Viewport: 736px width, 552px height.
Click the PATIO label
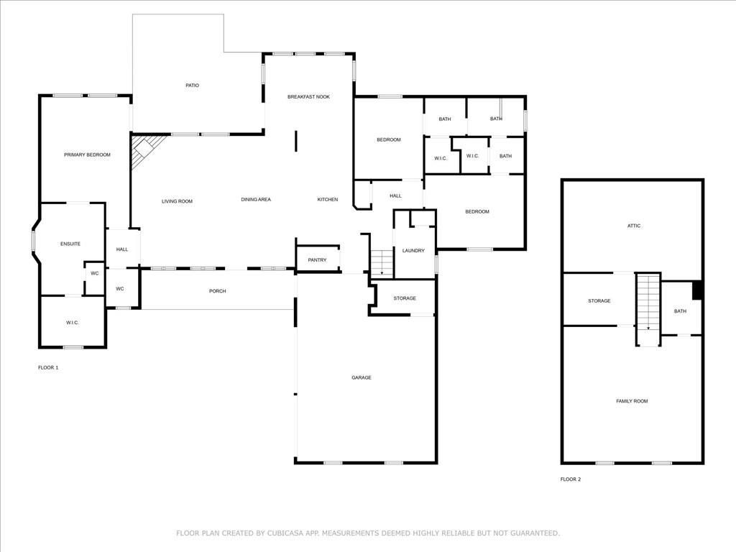[192, 86]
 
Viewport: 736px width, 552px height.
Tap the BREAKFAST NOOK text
[308, 96]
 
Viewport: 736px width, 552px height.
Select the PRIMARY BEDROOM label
[87, 155]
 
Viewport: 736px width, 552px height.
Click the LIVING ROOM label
[177, 201]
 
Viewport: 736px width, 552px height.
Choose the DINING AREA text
[255, 199]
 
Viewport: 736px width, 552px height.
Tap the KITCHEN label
[328, 199]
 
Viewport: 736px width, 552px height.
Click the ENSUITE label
[70, 244]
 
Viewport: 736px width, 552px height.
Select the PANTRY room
[317, 259]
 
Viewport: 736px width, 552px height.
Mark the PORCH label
[217, 291]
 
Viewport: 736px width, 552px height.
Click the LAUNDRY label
[413, 250]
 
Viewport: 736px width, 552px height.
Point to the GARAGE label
[361, 377]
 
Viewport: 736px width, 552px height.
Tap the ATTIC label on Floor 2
[633, 226]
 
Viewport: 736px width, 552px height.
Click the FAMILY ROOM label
[632, 401]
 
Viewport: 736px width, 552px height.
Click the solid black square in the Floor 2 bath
[696, 290]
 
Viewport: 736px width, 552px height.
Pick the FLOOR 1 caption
[48, 367]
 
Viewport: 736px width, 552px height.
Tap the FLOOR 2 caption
[571, 479]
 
